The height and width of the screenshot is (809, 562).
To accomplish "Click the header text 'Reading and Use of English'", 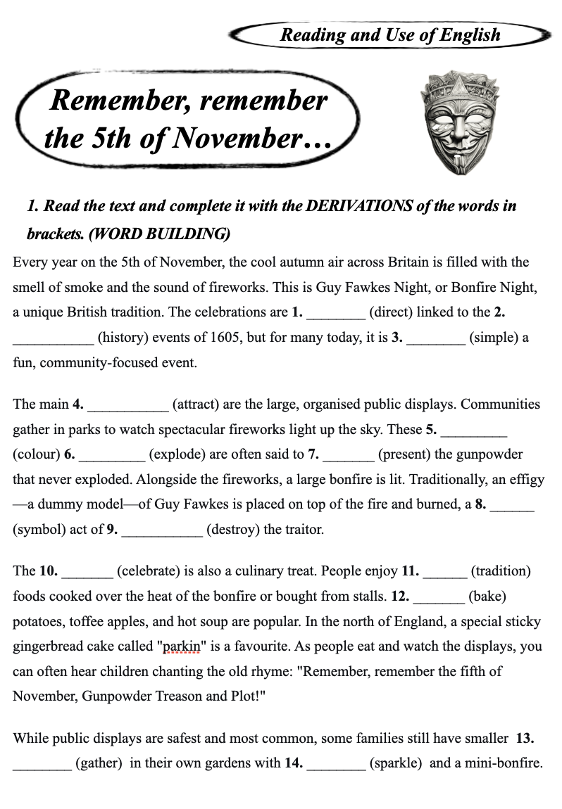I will coord(390,34).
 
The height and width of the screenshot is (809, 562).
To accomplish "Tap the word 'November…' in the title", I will coord(251,138).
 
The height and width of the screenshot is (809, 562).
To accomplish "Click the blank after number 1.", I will coord(336,312).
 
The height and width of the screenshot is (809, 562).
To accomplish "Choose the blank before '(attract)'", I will coord(127,405).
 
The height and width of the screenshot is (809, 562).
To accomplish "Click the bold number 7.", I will coord(313,454).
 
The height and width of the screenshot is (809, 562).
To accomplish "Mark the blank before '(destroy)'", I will coord(162,530).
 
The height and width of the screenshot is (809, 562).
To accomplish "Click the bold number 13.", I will coord(525,739).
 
